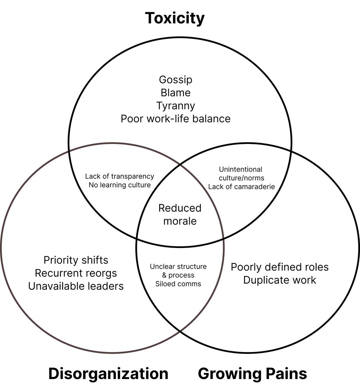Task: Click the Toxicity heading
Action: click(x=175, y=18)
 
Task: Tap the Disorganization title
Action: click(x=108, y=374)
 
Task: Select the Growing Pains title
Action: click(x=252, y=374)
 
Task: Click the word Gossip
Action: click(x=176, y=80)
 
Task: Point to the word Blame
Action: click(x=176, y=93)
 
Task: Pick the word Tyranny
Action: click(x=176, y=105)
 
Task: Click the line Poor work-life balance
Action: click(x=176, y=118)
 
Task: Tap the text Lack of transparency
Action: click(x=120, y=176)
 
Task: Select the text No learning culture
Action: click(x=120, y=185)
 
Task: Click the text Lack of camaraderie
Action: click(x=242, y=186)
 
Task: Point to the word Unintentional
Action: click(x=240, y=169)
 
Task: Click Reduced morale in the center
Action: click(x=180, y=215)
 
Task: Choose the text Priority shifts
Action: click(x=76, y=260)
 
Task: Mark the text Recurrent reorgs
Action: click(x=76, y=273)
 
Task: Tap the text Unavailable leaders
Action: click(x=76, y=286)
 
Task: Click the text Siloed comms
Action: click(x=178, y=284)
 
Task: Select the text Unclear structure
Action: click(x=178, y=267)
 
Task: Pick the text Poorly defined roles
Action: click(x=280, y=267)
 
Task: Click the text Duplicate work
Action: click(x=280, y=280)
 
